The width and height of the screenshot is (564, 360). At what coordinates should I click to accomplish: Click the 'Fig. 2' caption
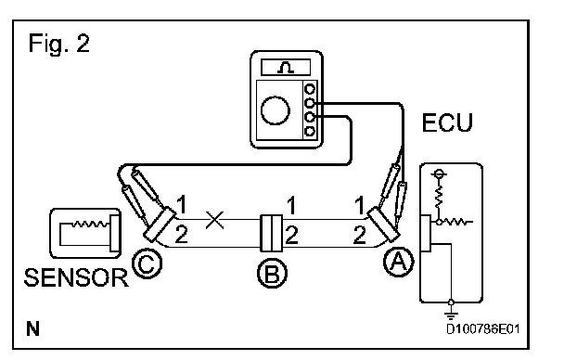coord(59,44)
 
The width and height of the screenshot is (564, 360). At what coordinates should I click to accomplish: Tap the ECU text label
coord(447,122)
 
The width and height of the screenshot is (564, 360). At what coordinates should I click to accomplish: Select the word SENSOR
coord(76,277)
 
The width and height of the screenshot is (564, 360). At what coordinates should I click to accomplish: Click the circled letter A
coord(399,262)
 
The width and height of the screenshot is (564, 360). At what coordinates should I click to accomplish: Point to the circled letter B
coord(273,273)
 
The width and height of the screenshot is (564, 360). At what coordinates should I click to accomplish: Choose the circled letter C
coord(147,264)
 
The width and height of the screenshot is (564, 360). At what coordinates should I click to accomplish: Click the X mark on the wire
coord(214,220)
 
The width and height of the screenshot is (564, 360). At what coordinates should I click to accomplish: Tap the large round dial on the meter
coord(276,110)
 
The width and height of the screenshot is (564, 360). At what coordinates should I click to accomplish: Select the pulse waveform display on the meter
coord(286,67)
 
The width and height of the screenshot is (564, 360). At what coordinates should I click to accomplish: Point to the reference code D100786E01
coord(483,329)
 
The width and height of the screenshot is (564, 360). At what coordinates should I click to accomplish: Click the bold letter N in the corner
coord(32,328)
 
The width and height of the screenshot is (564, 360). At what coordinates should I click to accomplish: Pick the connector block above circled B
coord(272,233)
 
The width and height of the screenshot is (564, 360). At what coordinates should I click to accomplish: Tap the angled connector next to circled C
coord(160,224)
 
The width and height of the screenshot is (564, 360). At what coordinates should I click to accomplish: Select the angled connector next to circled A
coord(383,224)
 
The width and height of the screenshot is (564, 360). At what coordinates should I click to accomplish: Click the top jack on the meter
coord(310,89)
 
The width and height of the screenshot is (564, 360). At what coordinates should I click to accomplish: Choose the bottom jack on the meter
coord(310,131)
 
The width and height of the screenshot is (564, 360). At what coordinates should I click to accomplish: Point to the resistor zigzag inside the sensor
coord(90,224)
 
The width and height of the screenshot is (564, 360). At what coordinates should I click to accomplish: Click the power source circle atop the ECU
coord(439,174)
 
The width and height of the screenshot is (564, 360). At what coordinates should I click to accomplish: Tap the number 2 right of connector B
coord(291,235)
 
